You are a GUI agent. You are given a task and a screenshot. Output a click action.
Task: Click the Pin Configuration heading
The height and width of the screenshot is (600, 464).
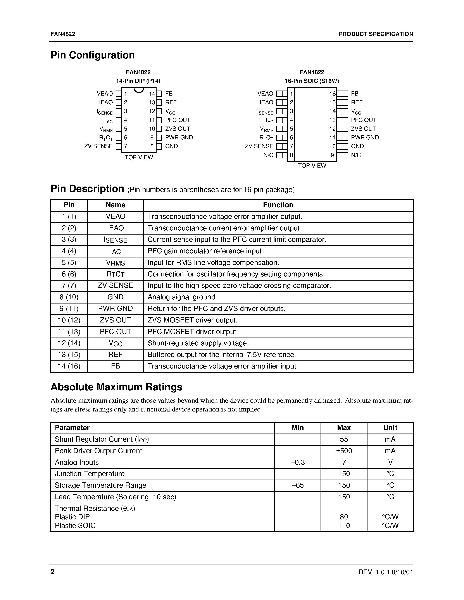click(x=93, y=55)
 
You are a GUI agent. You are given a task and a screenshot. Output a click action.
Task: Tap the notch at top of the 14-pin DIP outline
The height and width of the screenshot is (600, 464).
click(x=139, y=90)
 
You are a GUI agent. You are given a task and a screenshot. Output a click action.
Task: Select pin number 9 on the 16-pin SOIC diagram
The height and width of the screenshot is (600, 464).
click(x=332, y=155)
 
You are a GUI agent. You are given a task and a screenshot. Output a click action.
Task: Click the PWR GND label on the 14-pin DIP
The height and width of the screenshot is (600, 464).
click(x=179, y=137)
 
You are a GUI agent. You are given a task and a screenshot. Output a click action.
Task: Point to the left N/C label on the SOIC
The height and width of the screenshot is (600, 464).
click(x=268, y=155)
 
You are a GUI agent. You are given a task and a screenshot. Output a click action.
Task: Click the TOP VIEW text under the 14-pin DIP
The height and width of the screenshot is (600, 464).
click(x=139, y=157)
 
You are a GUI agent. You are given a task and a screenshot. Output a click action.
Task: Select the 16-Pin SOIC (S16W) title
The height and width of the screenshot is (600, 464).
click(x=312, y=81)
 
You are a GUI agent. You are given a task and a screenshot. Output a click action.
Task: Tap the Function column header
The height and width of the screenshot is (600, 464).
click(x=278, y=205)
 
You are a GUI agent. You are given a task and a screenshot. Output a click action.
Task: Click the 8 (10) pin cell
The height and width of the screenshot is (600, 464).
click(x=69, y=297)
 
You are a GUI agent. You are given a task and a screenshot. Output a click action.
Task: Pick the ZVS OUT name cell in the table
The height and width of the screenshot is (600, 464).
click(x=116, y=320)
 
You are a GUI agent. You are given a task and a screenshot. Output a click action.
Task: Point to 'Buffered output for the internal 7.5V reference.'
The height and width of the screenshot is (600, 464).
click(x=222, y=355)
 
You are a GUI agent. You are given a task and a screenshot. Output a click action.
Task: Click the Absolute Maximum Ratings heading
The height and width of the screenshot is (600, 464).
click(x=116, y=387)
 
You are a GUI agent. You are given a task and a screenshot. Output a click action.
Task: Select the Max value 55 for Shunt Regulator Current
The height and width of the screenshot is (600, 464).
click(x=344, y=439)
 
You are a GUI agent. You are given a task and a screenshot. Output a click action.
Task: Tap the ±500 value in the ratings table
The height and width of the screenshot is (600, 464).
click(x=344, y=451)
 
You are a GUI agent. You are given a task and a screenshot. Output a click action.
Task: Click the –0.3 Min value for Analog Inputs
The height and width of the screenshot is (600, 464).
click(x=297, y=462)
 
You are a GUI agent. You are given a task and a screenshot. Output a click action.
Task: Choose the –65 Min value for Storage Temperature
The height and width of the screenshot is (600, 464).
click(x=297, y=485)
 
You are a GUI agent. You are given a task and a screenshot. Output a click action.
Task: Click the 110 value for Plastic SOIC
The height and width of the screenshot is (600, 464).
click(x=344, y=526)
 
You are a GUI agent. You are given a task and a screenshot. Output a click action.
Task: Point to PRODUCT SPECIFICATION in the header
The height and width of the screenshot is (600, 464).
click(x=376, y=34)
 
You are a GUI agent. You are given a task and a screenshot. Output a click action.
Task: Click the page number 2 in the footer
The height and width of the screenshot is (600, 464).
click(x=52, y=572)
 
